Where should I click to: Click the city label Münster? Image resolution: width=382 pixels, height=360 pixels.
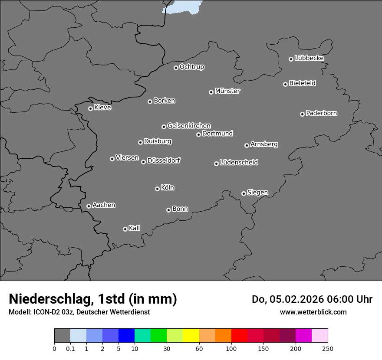[x=227, y=91]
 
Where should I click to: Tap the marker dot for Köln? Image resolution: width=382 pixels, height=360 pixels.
[x=157, y=189]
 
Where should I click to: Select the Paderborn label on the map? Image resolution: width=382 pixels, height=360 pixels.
[x=322, y=113]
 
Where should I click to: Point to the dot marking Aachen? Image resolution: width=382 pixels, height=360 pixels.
[x=89, y=206]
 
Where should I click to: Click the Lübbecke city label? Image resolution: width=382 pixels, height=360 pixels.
[x=310, y=58]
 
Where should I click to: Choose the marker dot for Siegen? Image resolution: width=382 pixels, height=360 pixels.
[x=244, y=193]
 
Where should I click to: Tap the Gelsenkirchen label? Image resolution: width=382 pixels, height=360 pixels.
[x=189, y=126]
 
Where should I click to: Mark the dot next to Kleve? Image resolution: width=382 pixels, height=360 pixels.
[x=90, y=108]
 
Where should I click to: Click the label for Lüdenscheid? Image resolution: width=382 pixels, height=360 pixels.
[x=239, y=163]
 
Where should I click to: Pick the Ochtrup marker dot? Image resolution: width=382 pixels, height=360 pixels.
[x=176, y=68]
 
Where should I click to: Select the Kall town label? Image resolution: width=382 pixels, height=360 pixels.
[x=135, y=228]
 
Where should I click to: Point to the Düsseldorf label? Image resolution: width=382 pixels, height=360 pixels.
[x=164, y=160]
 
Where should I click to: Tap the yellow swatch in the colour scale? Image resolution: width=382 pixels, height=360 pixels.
[x=191, y=336]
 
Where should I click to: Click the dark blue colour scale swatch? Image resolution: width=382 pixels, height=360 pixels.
[x=126, y=336]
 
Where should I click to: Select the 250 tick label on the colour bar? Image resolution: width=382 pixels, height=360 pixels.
[x=328, y=348]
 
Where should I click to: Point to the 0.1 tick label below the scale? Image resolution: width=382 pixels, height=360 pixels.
[x=70, y=348]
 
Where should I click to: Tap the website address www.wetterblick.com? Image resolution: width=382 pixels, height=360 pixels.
[x=313, y=312]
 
